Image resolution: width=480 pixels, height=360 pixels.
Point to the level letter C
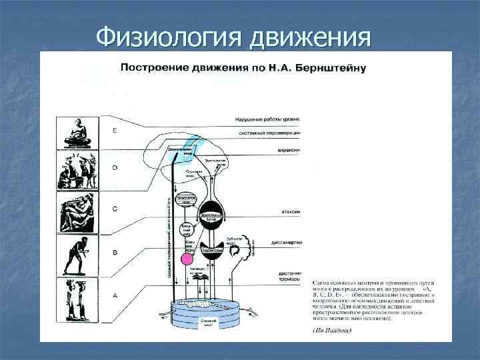coord(114,208)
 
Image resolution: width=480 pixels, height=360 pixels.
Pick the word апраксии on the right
coord(289,151)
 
